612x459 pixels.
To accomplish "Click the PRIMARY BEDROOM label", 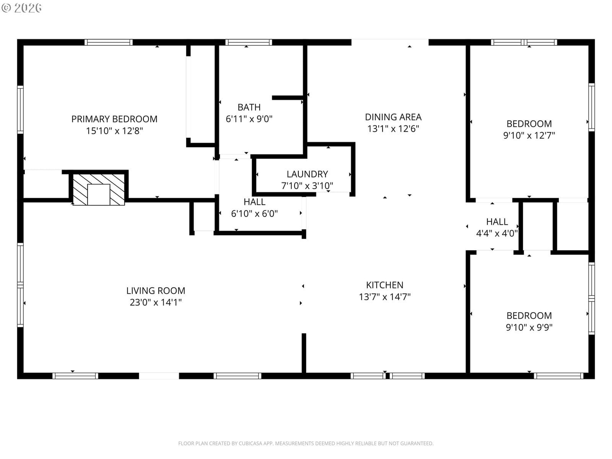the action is [x=114, y=119].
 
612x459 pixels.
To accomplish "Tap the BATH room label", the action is [x=249, y=107].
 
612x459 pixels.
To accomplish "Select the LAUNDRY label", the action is [x=307, y=174].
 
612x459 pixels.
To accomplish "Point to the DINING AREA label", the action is [x=393, y=117].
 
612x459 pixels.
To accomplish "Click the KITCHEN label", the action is [x=384, y=285].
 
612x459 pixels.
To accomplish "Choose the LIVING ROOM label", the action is [x=156, y=291].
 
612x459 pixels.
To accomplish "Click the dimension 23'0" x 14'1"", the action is [x=156, y=303].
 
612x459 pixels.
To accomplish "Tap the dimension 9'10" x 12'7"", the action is [x=529, y=135].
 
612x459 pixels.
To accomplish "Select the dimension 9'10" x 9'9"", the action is [x=529, y=327].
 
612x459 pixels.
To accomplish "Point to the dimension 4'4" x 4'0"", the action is [x=497, y=233].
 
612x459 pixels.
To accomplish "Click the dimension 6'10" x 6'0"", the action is [x=254, y=214].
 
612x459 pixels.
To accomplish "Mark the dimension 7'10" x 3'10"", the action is [x=307, y=186].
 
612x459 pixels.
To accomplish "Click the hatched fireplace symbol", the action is [x=99, y=189].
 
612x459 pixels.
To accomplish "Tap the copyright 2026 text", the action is [x=22, y=8].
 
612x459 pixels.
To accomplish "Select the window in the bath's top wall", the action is [x=248, y=42].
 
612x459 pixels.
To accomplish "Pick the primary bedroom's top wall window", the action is [x=109, y=42].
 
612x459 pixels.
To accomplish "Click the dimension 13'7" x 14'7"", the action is [x=384, y=297].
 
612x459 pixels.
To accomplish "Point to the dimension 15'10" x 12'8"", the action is [x=114, y=131].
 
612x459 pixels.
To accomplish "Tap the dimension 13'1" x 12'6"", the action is [x=393, y=129].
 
